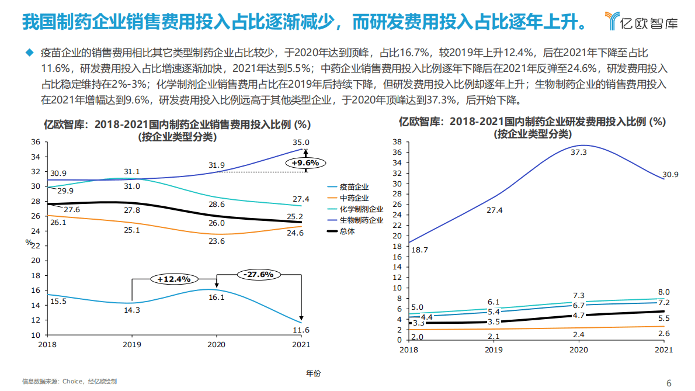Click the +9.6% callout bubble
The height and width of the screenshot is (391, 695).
pos(305,163)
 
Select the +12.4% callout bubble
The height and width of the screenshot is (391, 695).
pos(174,279)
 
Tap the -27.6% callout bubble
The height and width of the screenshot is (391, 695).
pos(259,274)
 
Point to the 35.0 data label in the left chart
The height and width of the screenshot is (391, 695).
pos(301,143)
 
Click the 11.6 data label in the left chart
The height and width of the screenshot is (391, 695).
pos(301,330)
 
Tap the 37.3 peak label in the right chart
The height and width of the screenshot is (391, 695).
pos(578,152)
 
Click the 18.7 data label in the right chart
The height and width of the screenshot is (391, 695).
pos(419,250)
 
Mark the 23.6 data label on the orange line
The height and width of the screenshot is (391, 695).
pos(216,241)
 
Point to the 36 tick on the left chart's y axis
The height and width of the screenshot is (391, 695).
pos(36,142)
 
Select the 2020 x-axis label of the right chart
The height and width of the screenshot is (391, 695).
pos(578,350)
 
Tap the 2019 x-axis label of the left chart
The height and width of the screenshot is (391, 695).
pos(131,345)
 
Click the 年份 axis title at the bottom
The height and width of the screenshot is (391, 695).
pos(313,373)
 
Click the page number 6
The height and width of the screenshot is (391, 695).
pos(669,383)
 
